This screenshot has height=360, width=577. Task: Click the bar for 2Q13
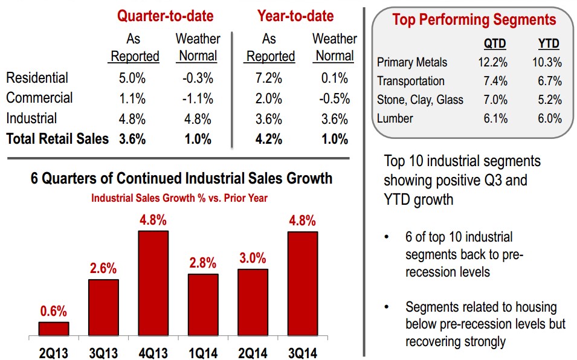[x=54, y=329]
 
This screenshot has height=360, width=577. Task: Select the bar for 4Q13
[x=153, y=283]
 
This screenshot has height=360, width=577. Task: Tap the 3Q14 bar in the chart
[x=301, y=283]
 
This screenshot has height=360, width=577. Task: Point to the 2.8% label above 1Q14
[x=202, y=263]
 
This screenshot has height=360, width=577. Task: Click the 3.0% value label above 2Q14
[x=252, y=259]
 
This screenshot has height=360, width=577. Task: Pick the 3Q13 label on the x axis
[x=103, y=351]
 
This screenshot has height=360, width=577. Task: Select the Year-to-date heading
[x=295, y=15]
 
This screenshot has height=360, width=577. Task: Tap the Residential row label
[x=37, y=78]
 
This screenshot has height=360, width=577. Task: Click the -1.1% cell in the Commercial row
[x=196, y=98]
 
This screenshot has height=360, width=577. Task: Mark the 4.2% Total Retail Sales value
[x=268, y=139]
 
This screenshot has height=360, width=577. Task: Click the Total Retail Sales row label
[x=57, y=139]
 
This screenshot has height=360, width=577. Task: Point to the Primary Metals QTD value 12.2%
[x=492, y=62]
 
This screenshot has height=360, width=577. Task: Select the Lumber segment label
[x=395, y=118]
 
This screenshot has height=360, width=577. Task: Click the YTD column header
[x=548, y=44]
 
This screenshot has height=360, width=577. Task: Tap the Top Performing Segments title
[x=474, y=19]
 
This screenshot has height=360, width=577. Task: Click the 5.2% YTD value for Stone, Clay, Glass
[x=549, y=100]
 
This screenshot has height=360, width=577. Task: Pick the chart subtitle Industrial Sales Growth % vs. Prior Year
[x=179, y=198]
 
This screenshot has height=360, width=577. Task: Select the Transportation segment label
[x=410, y=81]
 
